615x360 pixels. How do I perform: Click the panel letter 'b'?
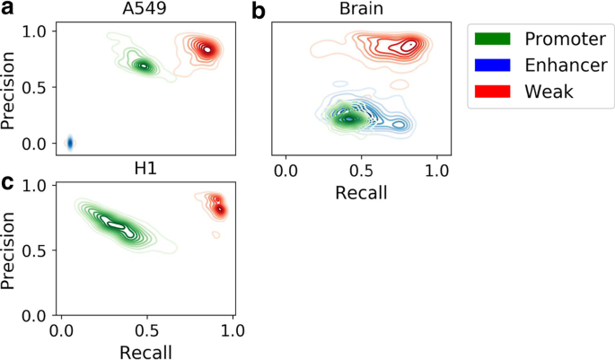click(x=259, y=11)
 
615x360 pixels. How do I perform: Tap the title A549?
click(x=143, y=10)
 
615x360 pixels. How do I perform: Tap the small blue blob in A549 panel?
click(x=70, y=142)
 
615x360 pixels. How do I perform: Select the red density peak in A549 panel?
click(x=207, y=49)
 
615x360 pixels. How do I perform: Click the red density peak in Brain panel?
click(x=409, y=44)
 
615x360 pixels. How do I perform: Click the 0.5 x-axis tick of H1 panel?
click(x=147, y=330)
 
